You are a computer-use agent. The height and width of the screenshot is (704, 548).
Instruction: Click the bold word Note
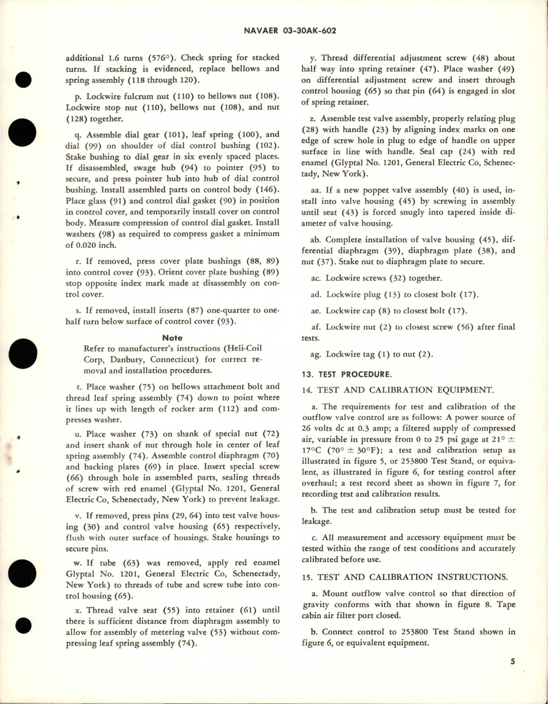coord(173,338)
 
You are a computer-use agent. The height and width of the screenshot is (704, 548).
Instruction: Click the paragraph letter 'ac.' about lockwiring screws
coord(317,278)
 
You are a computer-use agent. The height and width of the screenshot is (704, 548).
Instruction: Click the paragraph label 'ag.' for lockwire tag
coord(317,354)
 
